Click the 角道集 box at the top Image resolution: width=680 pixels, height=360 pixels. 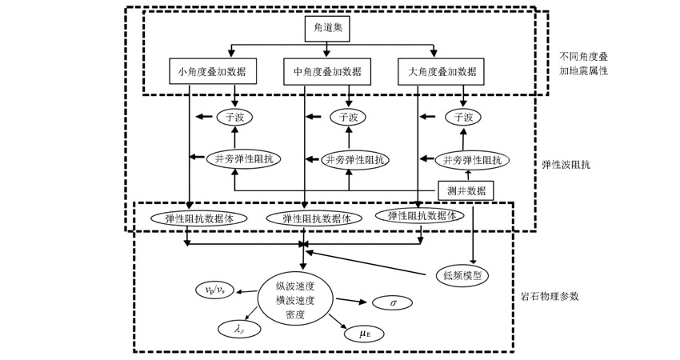pyautogui.click(x=327, y=30)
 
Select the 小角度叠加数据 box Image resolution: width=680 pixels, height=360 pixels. pyautogui.click(x=214, y=72)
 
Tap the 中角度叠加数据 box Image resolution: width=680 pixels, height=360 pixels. pyautogui.click(x=327, y=72)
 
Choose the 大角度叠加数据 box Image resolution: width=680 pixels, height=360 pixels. pyautogui.click(x=442, y=72)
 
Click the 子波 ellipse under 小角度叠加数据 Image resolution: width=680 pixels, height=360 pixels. pyautogui.click(x=234, y=117)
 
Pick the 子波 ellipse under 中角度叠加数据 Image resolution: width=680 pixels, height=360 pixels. pyautogui.click(x=349, y=117)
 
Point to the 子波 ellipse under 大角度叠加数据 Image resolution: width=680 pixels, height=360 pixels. pyautogui.click(x=464, y=117)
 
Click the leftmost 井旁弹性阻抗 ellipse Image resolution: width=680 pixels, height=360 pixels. pyautogui.click(x=244, y=159)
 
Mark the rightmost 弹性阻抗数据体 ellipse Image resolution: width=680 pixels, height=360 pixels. pyautogui.click(x=421, y=216)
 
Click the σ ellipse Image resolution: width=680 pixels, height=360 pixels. pyautogui.click(x=393, y=303)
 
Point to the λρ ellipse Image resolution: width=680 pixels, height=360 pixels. pyautogui.click(x=238, y=327)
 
